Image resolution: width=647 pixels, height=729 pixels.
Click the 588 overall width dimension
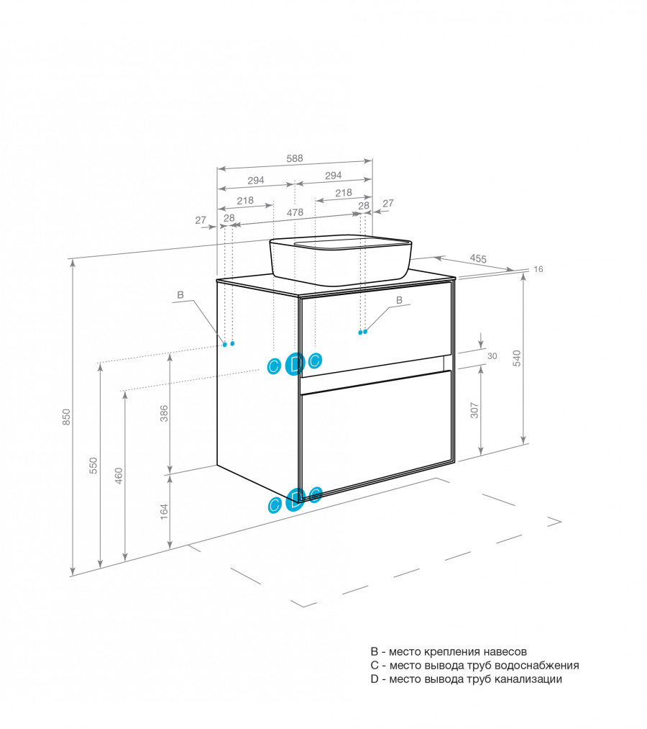(295, 159)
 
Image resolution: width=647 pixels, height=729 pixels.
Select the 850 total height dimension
(66, 417)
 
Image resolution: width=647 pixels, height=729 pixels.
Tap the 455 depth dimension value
(479, 258)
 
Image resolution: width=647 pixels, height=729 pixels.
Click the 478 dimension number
(295, 212)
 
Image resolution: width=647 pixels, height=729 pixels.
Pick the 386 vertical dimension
(164, 414)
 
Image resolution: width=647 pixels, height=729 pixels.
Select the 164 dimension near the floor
(164, 510)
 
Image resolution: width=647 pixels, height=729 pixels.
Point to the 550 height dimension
(93, 466)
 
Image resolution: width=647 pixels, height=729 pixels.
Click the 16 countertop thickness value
(538, 269)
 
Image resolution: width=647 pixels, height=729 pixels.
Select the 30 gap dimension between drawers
(492, 356)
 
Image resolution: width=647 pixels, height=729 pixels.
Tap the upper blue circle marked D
(295, 364)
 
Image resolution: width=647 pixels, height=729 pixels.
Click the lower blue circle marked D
(295, 498)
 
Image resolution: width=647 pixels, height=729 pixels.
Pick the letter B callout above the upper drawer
(399, 299)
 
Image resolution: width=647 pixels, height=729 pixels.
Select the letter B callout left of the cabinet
(180, 295)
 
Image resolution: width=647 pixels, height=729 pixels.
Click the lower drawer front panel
(376, 430)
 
